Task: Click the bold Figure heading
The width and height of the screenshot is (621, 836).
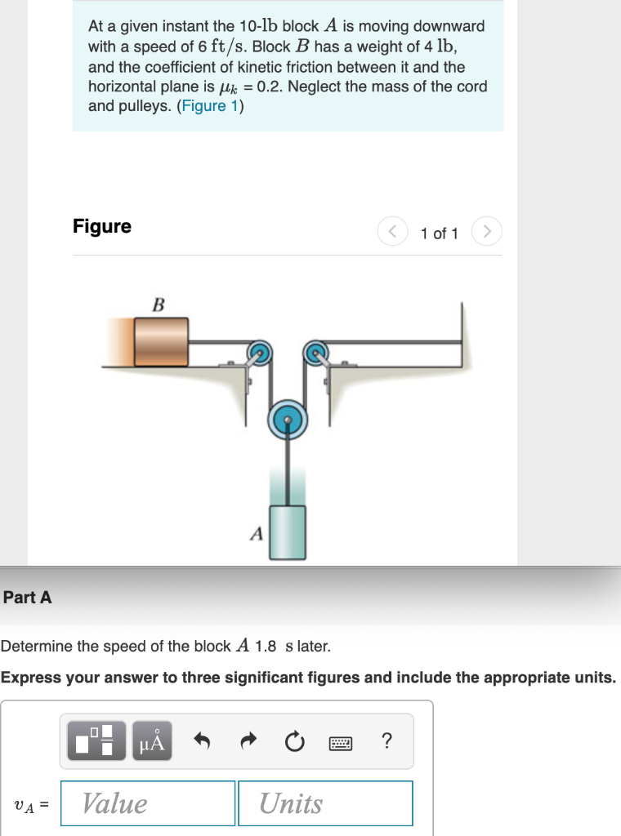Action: (x=102, y=226)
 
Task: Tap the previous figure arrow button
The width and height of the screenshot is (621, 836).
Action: (x=391, y=233)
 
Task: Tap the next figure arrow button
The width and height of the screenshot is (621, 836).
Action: (x=486, y=233)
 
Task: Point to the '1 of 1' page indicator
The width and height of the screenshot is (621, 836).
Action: (x=440, y=233)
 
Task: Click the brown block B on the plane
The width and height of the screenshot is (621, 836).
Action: (x=161, y=341)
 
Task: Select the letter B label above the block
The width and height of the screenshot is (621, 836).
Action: (x=159, y=305)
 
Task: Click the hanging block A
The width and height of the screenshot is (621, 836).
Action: (x=288, y=531)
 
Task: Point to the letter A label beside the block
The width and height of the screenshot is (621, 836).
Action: (x=257, y=535)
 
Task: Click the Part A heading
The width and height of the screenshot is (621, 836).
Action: (x=27, y=598)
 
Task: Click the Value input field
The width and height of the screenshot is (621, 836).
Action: (x=148, y=803)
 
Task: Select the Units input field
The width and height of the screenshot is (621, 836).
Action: (x=325, y=803)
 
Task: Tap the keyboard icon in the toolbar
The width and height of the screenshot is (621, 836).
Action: (x=340, y=742)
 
